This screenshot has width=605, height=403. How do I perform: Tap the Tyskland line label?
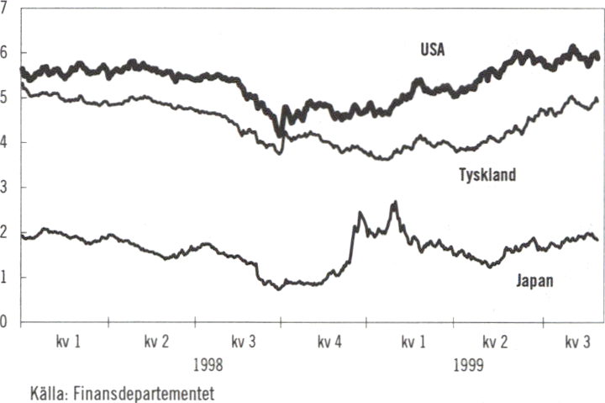488,176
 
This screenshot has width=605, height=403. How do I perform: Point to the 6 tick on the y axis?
5,52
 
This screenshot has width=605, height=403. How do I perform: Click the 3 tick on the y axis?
5,187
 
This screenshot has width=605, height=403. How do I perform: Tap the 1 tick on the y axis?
5,278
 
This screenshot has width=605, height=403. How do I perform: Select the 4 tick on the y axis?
5,142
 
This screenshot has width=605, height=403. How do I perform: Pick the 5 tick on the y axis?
5,98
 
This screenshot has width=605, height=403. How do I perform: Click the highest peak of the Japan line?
394,203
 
